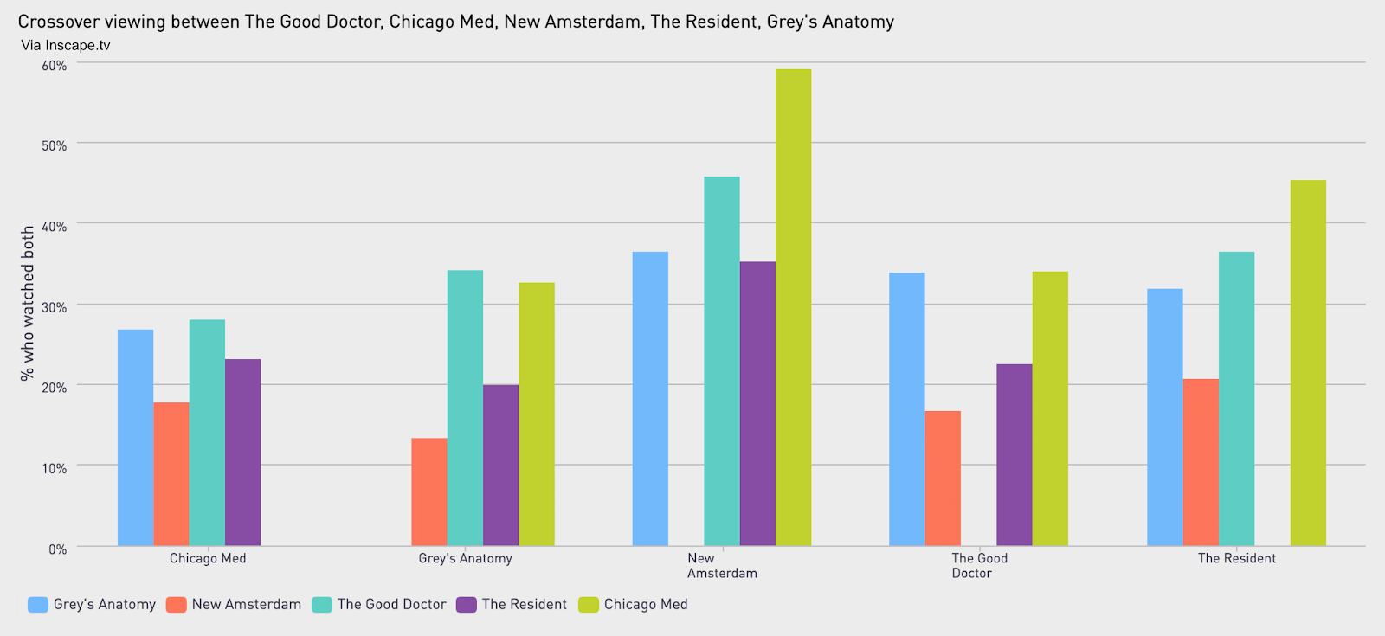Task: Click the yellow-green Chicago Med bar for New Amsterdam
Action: click(793, 307)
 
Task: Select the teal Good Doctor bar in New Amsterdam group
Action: click(722, 361)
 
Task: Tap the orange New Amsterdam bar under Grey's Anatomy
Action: click(429, 491)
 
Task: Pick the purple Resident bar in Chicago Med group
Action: click(242, 452)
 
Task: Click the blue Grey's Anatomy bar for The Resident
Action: click(1164, 417)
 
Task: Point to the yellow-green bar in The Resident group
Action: click(1308, 363)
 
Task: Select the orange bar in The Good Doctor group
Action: click(943, 478)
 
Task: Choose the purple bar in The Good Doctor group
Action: click(1014, 454)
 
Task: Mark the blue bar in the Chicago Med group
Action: click(136, 437)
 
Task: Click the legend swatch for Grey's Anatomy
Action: click(38, 605)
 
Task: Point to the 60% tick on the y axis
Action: click(55, 66)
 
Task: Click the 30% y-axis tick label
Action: click(55, 307)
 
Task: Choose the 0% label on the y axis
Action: click(58, 549)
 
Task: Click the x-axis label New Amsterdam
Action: click(722, 566)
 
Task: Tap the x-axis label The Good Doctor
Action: click(979, 566)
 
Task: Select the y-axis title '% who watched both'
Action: click(28, 303)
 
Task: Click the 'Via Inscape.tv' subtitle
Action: click(66, 46)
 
